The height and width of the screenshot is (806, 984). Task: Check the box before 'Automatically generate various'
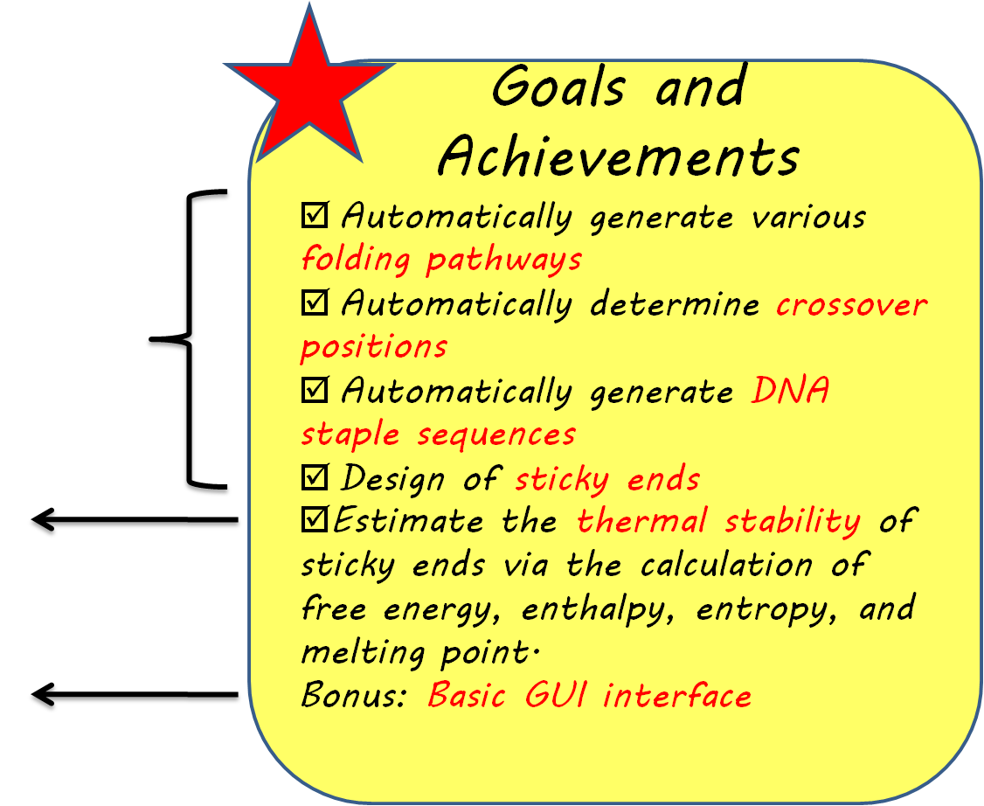tap(315, 215)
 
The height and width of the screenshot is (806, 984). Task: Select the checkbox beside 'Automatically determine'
tap(315, 302)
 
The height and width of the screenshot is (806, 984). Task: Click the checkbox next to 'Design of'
tap(315, 477)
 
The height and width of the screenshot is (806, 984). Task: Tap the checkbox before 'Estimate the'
tap(315, 520)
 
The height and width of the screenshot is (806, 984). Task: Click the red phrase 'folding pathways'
tap(441, 259)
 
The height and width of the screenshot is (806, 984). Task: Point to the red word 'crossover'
tap(851, 305)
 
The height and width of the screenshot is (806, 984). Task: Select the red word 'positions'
tap(374, 346)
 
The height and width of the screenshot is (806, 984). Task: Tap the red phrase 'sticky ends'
tap(607, 479)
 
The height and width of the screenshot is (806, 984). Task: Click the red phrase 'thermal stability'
tap(719, 522)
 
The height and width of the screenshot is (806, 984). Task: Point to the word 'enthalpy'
tap(598, 609)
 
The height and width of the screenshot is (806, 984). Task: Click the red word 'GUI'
tap(556, 695)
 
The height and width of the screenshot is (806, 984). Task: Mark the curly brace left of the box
tap(188, 338)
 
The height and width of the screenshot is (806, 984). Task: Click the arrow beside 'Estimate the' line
tap(135, 520)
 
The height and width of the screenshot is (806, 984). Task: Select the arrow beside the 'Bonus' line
tap(135, 694)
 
